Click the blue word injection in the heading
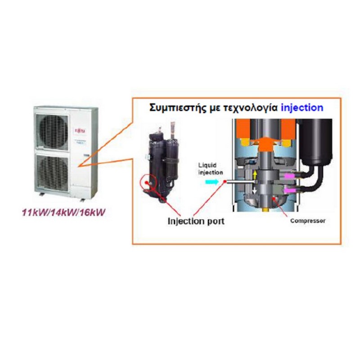(301, 108)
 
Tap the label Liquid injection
(210, 170)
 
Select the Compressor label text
(307, 221)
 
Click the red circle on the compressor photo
(147, 183)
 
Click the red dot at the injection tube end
(224, 182)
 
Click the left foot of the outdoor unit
(41, 194)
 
